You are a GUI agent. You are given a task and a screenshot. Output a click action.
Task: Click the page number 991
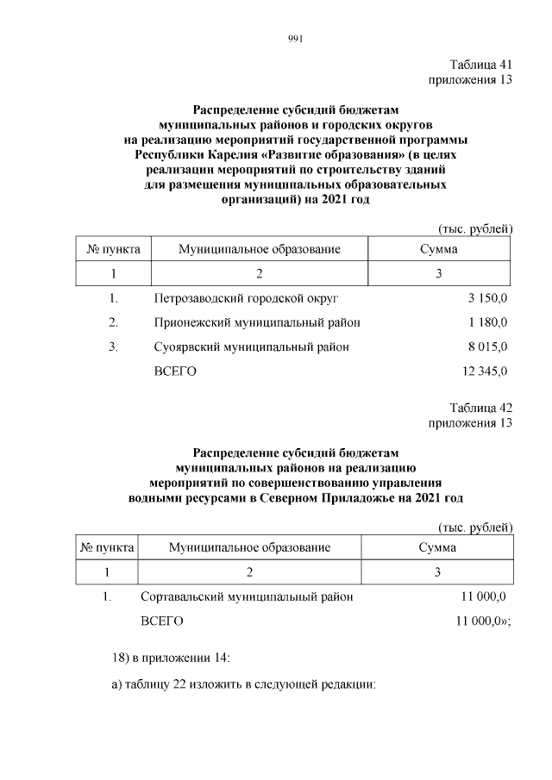pos(293,37)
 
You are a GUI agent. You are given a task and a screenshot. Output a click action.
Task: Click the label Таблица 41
pos(481,65)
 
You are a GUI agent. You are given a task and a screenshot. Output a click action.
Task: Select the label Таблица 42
pos(481,408)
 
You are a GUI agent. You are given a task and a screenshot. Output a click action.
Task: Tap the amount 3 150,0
pos(488,298)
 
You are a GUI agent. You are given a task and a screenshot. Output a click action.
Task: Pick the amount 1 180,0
pos(488,322)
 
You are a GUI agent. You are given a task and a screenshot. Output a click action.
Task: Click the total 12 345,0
pos(486,371)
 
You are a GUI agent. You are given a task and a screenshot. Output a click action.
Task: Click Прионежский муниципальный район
pos(256,322)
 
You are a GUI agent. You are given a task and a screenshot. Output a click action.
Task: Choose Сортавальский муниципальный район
pos(246,596)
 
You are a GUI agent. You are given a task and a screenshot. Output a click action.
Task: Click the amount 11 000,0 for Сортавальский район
pos(485,596)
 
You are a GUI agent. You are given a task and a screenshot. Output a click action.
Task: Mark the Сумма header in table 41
pos(438,249)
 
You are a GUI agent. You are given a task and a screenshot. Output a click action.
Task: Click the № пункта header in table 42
pos(107,547)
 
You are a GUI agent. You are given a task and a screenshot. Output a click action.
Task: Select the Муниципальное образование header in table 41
pos(260,249)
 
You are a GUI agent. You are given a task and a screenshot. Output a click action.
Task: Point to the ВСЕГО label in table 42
pos(161,621)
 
